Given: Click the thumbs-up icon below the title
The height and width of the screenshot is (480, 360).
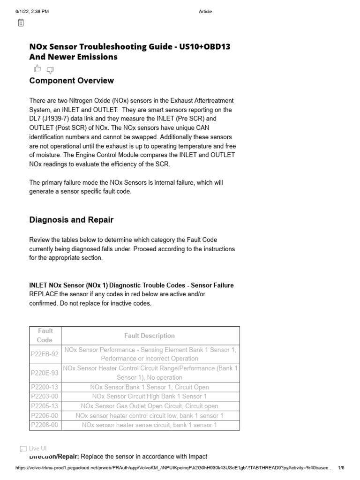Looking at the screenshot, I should click(37, 69).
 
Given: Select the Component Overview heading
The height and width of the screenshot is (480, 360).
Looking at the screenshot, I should click(71, 81).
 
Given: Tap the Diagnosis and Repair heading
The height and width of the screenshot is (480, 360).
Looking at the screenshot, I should click(71, 220).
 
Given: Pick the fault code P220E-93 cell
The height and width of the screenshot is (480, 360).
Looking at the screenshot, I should click(45, 373).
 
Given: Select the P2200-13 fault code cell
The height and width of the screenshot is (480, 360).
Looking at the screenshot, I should click(45, 387).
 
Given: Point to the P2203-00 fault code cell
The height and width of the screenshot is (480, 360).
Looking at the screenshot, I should click(45, 397).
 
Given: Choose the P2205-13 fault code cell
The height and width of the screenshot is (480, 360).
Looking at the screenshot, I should click(45, 406).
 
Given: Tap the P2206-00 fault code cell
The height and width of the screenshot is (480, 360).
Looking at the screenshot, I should click(45, 416).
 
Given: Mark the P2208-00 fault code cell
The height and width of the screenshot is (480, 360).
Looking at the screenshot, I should click(45, 425).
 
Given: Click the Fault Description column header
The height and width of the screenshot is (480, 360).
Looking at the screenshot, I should click(150, 336).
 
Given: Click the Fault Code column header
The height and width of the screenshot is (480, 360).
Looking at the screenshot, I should click(45, 336).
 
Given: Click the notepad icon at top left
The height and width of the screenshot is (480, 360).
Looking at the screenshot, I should click(21, 22).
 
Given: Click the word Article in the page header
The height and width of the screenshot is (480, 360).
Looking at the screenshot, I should click(205, 12).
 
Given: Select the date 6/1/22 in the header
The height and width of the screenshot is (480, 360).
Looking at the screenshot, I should click(23, 12).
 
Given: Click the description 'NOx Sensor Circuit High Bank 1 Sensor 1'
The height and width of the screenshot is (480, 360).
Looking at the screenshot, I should click(150, 397).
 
